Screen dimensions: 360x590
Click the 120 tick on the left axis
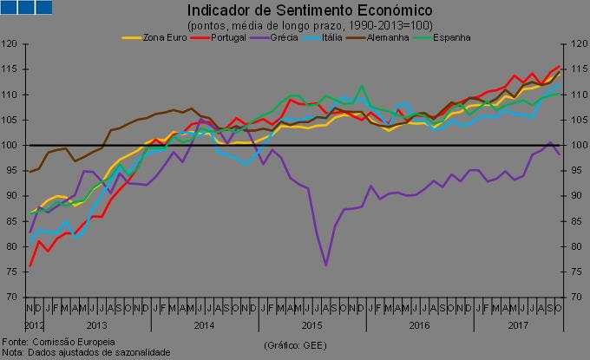pos(11,43)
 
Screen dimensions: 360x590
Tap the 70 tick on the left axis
pos(13,298)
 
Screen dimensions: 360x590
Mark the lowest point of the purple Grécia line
pos(326,265)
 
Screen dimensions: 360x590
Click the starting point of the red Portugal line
pos(30,266)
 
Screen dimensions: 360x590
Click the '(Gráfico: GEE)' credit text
pos(296,344)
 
